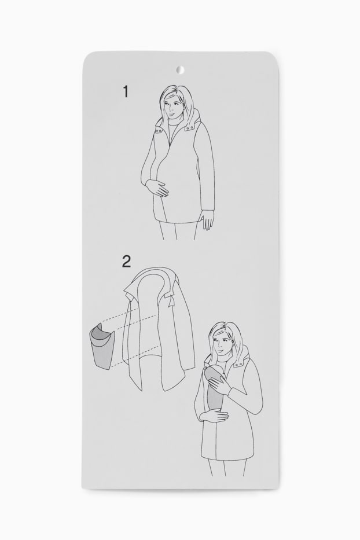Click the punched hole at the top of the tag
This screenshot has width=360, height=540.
click(180, 70)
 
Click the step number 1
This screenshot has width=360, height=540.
click(126, 91)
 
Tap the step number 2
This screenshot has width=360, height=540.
click(126, 262)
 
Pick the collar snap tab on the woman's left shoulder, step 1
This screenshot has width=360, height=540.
click(189, 127)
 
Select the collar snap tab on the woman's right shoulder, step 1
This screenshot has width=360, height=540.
click(160, 131)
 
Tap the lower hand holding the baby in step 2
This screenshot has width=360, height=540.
click(213, 417)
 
